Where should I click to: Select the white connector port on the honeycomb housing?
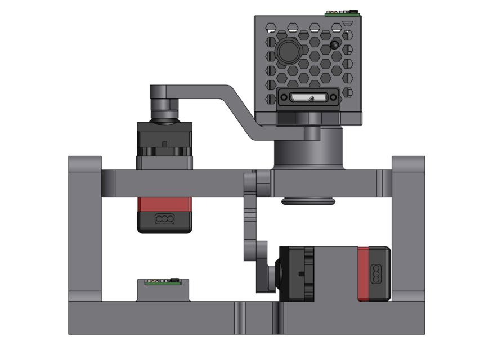[308, 98]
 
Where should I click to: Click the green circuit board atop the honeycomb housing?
[342, 12]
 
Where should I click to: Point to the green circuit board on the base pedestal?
[163, 282]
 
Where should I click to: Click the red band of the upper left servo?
[164, 204]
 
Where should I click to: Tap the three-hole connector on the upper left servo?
[164, 219]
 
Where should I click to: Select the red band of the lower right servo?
[363, 274]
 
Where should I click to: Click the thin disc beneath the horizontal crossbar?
[308, 201]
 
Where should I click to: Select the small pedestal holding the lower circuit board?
[163, 292]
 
